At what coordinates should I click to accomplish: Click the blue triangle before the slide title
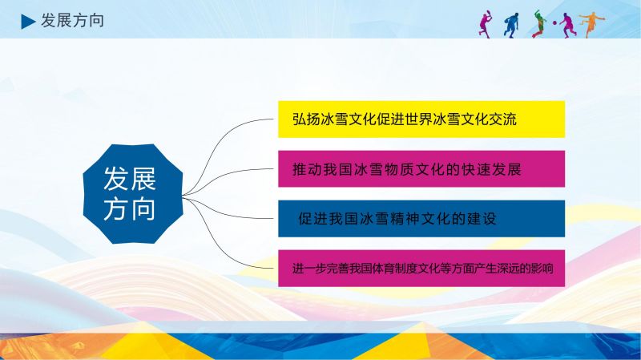(x=27, y=22)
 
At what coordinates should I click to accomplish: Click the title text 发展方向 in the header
(x=72, y=21)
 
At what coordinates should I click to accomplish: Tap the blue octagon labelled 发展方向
(x=133, y=194)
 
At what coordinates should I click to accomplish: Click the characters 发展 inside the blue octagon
(x=130, y=179)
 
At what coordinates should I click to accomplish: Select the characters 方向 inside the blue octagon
(x=130, y=208)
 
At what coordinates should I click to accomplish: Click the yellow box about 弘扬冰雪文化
(x=421, y=119)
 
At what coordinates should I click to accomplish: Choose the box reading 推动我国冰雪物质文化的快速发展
(x=421, y=169)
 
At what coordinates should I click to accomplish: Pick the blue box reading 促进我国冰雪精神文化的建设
(x=421, y=218)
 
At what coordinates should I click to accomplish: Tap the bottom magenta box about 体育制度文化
(x=421, y=269)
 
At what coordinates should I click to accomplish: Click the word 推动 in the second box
(x=307, y=169)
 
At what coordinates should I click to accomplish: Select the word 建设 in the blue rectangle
(x=482, y=219)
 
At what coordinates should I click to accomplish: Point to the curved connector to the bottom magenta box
(x=223, y=241)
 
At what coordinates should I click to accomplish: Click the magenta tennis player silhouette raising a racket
(x=486, y=24)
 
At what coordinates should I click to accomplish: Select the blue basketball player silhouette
(x=511, y=26)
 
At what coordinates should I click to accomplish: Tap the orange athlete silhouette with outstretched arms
(x=591, y=25)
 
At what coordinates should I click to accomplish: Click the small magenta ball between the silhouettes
(x=554, y=22)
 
